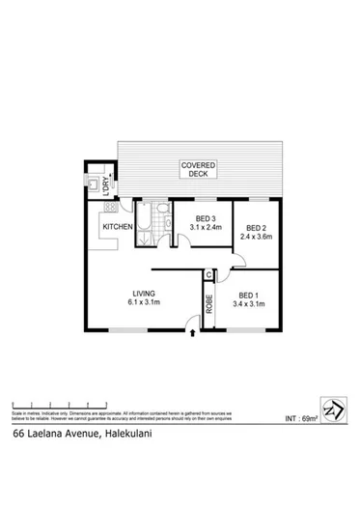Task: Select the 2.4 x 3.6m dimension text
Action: point(256,229)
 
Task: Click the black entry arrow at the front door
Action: point(196,334)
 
